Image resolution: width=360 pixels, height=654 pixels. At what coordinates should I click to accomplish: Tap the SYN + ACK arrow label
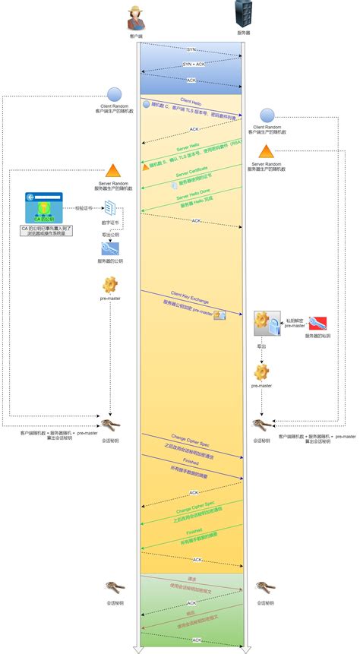192,64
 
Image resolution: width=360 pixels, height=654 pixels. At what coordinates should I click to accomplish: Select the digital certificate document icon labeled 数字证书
110,207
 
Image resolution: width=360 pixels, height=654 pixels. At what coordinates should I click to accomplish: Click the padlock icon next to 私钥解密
267,324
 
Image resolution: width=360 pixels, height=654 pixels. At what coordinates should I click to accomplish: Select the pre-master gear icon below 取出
262,372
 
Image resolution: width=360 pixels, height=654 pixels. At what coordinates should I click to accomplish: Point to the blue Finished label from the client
193,462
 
